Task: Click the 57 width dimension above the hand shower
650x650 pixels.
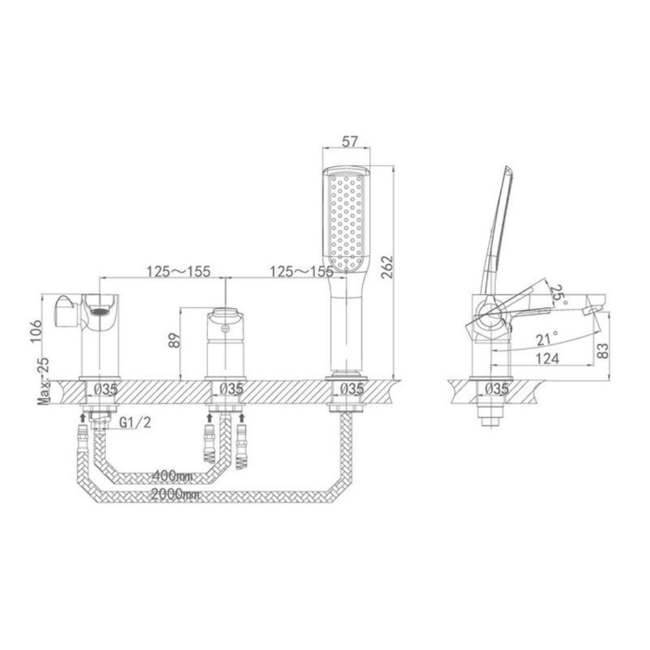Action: [x=350, y=141]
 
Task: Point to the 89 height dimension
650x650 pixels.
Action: [x=174, y=340]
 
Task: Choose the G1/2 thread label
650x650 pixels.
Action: [x=135, y=422]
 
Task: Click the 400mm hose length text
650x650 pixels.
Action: [x=172, y=476]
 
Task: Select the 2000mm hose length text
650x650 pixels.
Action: [x=175, y=494]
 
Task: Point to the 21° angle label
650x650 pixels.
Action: [x=547, y=339]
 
